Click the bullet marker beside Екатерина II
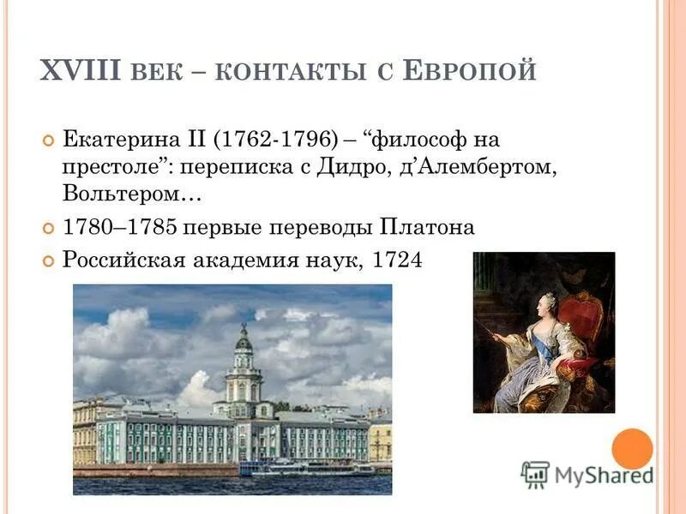[x=48, y=140]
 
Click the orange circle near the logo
[x=633, y=449]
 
